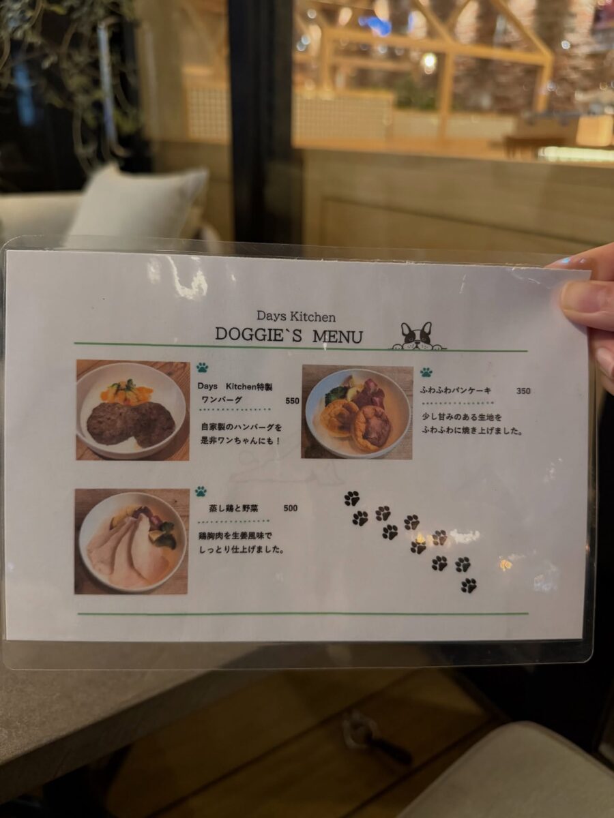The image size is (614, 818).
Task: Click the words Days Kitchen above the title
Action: [x=296, y=317]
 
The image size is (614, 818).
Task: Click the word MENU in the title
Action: [x=338, y=337]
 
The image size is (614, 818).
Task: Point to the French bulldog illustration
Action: [x=418, y=336]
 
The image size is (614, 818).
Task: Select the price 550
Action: [x=292, y=401]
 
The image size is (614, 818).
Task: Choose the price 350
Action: [x=523, y=391]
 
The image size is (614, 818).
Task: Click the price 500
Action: [x=291, y=509]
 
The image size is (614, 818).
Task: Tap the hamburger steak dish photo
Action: [x=133, y=410]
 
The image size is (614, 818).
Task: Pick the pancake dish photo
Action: [x=357, y=412]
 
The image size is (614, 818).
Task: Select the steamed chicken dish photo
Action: [x=132, y=541]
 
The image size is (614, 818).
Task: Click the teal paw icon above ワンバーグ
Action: [x=202, y=367]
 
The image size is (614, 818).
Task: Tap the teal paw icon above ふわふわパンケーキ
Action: [x=426, y=372]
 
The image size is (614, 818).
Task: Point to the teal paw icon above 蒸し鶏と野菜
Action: [x=201, y=491]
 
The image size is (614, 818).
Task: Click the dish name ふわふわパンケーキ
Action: [x=456, y=391]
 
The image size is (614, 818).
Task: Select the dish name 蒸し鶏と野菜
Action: [x=234, y=509]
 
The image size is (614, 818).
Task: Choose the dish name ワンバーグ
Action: [x=222, y=400]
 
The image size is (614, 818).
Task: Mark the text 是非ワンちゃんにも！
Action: [x=240, y=441]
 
